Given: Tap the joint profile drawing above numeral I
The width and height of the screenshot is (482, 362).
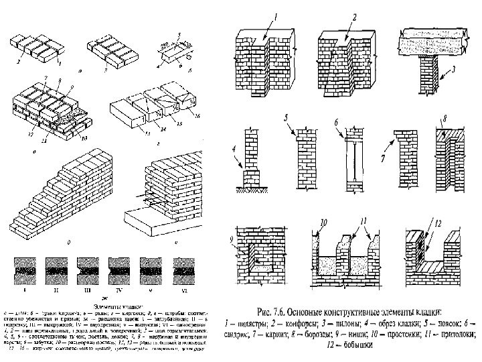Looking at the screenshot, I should [25, 269].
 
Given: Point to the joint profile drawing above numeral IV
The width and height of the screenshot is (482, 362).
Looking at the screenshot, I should [121, 269].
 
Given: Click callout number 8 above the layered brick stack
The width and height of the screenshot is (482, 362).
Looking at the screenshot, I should [63, 82].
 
